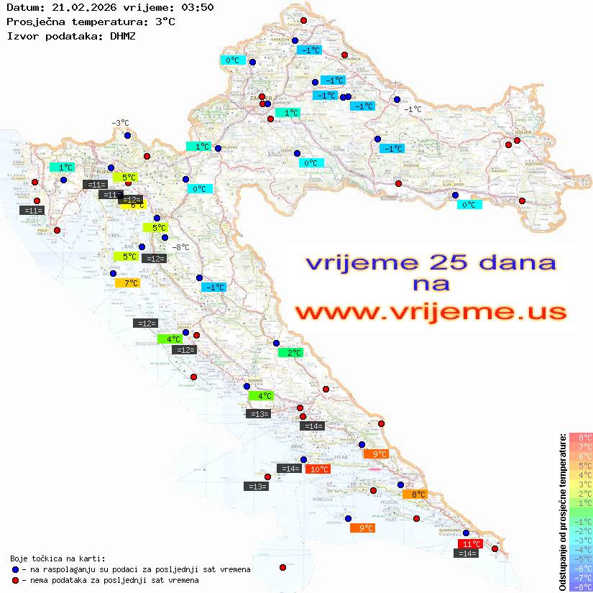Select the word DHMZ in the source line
[123, 35]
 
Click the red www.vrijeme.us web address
[430, 312]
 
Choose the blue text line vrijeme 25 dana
[430, 262]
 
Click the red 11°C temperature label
[472, 543]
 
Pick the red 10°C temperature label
[319, 469]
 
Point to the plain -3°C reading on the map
[119, 123]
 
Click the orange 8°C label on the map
[418, 495]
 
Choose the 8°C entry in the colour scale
[581, 437]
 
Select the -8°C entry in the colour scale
[581, 587]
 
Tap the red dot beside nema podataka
[15, 580]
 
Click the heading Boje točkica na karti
[58, 558]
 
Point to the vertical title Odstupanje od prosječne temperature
[562, 512]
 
